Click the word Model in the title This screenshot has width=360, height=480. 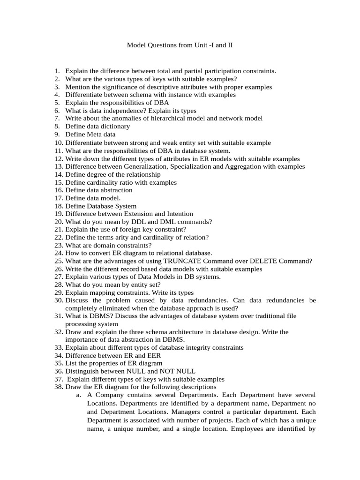tap(136, 45)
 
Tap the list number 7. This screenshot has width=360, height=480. tap(57, 119)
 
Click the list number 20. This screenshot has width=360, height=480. tap(58, 222)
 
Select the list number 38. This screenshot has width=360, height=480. tap(58, 387)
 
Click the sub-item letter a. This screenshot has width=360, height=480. tap(78, 395)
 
